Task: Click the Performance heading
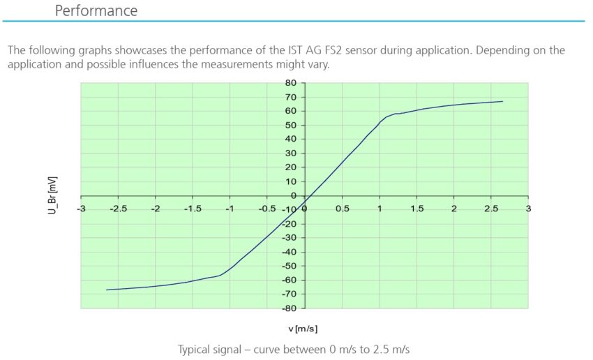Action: click(x=96, y=11)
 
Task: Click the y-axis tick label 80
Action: click(x=292, y=83)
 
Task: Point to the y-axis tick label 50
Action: click(x=292, y=126)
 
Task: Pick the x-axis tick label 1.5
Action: click(x=417, y=209)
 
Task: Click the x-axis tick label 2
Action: click(x=454, y=209)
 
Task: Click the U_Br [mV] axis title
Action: click(x=52, y=195)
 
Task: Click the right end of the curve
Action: click(x=502, y=101)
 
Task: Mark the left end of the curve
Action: click(x=107, y=290)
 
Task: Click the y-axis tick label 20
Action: click(x=292, y=167)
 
